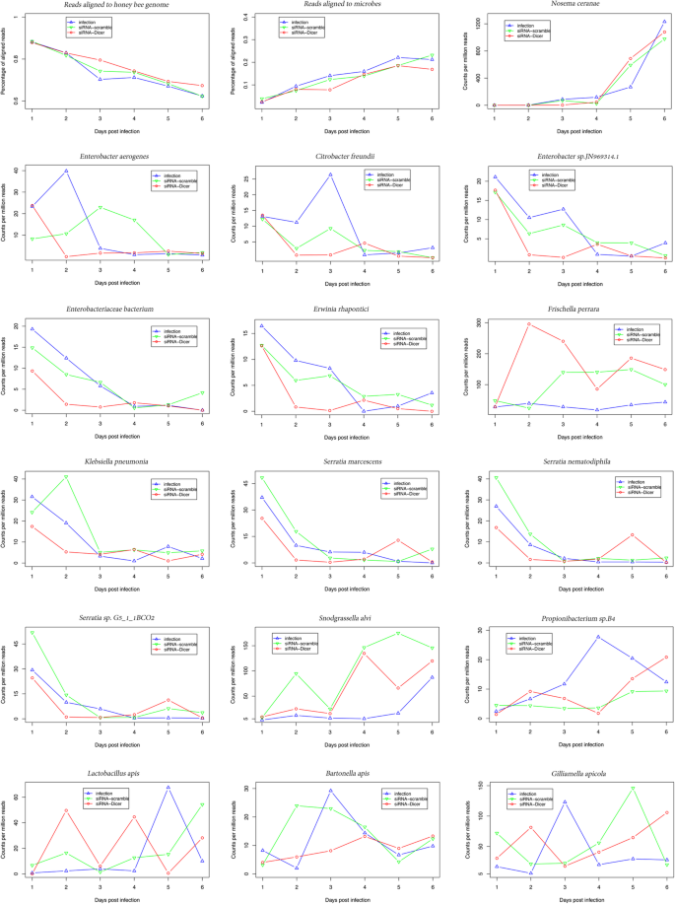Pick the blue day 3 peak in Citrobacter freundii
click(x=330, y=174)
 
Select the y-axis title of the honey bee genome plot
click(x=7, y=64)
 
